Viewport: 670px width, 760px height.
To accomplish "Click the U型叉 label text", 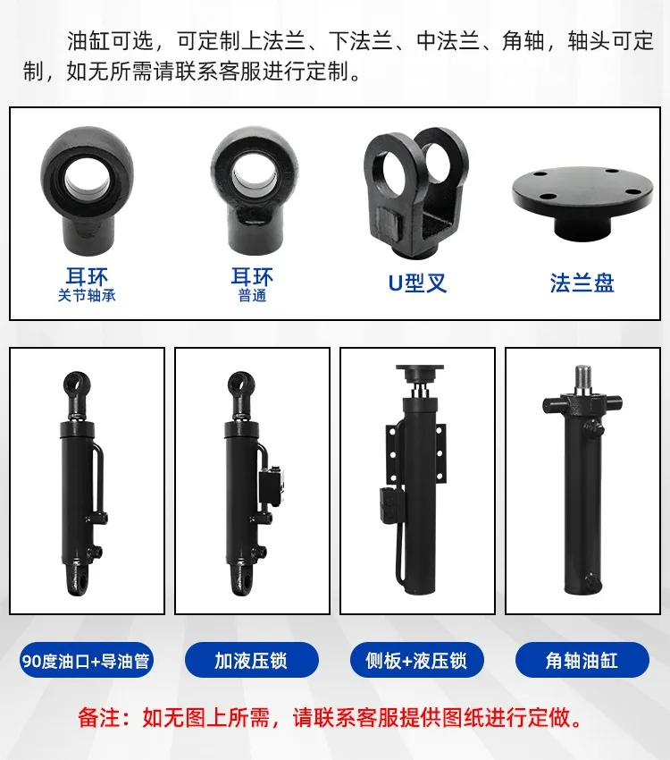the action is pyautogui.click(x=417, y=283).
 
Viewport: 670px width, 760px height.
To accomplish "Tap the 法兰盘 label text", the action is pyautogui.click(x=582, y=283).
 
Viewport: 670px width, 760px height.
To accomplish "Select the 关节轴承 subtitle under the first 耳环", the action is pyautogui.click(x=87, y=296).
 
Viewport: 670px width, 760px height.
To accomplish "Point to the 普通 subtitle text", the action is pyautogui.click(x=252, y=296).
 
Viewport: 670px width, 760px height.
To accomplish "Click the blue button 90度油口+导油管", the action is pyautogui.click(x=86, y=660).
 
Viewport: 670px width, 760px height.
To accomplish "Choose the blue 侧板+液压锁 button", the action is pyautogui.click(x=417, y=660).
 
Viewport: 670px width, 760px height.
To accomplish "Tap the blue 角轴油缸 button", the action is pyautogui.click(x=582, y=660).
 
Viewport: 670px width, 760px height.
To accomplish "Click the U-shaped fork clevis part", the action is pyautogui.click(x=416, y=193).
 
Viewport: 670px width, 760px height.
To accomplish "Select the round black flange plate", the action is pyautogui.click(x=582, y=203).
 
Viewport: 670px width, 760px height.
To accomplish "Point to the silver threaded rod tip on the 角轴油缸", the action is pyautogui.click(x=582, y=379).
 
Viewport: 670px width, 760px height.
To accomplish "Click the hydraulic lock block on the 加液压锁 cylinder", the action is pyautogui.click(x=274, y=486).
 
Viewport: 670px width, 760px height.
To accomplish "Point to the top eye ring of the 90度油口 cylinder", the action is pyautogui.click(x=77, y=385).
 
